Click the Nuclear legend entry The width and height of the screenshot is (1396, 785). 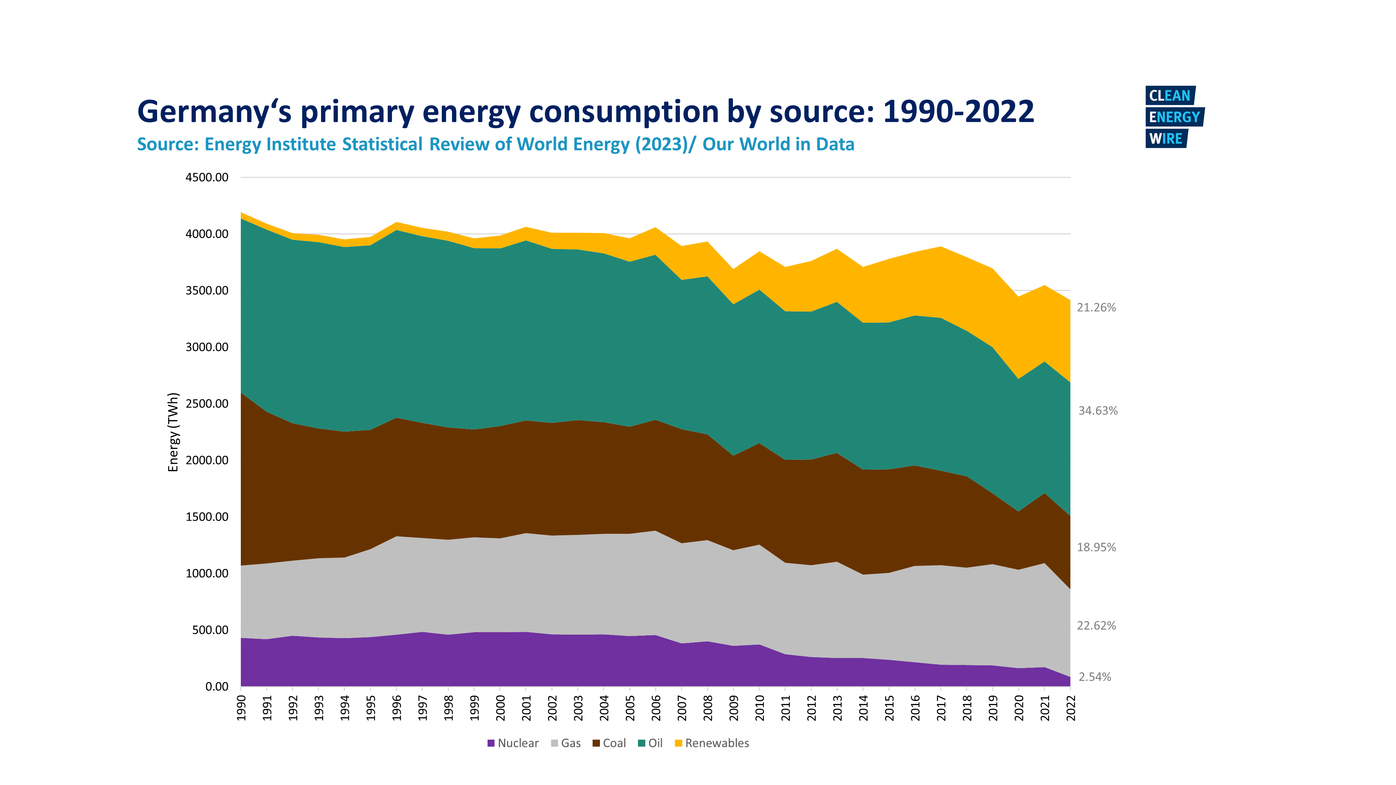point(513,743)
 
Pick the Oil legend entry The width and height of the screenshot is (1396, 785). point(650,743)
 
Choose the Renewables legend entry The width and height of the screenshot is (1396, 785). point(712,743)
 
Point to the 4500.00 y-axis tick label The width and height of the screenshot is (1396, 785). point(207,177)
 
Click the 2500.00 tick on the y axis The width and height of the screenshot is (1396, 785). point(207,404)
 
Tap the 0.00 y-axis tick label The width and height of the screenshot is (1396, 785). point(217,686)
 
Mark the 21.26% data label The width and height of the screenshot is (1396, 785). point(1096,308)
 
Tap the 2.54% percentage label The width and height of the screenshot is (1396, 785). point(1095,676)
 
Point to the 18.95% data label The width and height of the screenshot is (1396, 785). point(1096,547)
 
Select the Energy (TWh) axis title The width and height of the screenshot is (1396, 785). point(173,432)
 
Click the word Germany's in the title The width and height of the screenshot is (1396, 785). point(214,112)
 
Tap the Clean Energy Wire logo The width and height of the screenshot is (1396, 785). point(1173,117)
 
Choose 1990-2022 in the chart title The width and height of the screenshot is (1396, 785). point(958,112)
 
